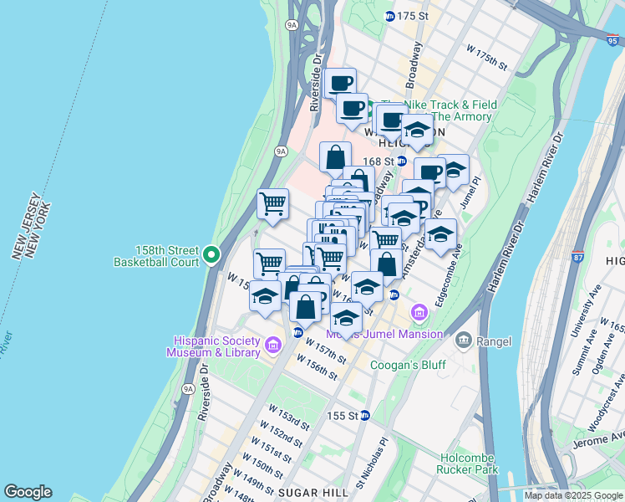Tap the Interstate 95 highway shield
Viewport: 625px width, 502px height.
612,38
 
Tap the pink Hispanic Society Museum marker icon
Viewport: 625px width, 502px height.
272,345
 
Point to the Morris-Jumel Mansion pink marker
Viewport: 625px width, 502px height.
419,315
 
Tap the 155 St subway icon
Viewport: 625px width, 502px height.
364,416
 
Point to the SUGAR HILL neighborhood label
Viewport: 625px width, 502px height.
312,492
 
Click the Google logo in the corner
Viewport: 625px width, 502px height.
28,491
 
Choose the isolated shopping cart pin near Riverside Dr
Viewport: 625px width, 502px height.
272,203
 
